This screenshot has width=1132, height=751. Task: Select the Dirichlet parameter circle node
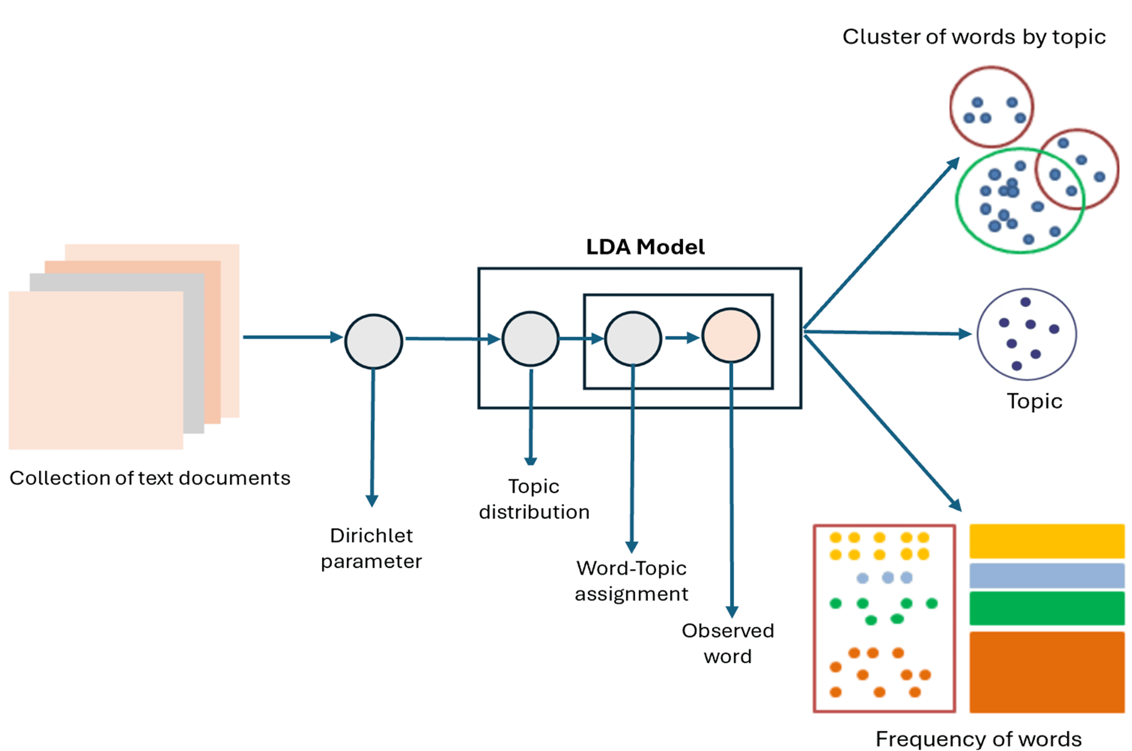pos(373,342)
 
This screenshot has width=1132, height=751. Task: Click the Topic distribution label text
pos(534,499)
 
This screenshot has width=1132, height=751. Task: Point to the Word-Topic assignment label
pos(631,581)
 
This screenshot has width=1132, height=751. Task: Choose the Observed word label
pos(727,643)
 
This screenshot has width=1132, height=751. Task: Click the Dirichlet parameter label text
pos(371,549)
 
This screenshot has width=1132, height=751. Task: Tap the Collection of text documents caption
pos(150,478)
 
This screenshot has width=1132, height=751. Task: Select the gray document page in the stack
pos(194,354)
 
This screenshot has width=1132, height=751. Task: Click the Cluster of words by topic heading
pos(974,37)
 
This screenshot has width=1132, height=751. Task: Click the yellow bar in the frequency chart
pos(1047,541)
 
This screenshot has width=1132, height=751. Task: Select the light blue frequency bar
pos(1047,575)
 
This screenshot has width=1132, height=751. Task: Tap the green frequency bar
pos(1047,608)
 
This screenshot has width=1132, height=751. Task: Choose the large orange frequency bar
pos(1047,671)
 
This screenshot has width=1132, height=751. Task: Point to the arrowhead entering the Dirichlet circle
pos(337,337)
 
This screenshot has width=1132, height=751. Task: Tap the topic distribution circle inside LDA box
pos(530,339)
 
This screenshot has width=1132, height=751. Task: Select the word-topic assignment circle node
pos(633,339)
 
